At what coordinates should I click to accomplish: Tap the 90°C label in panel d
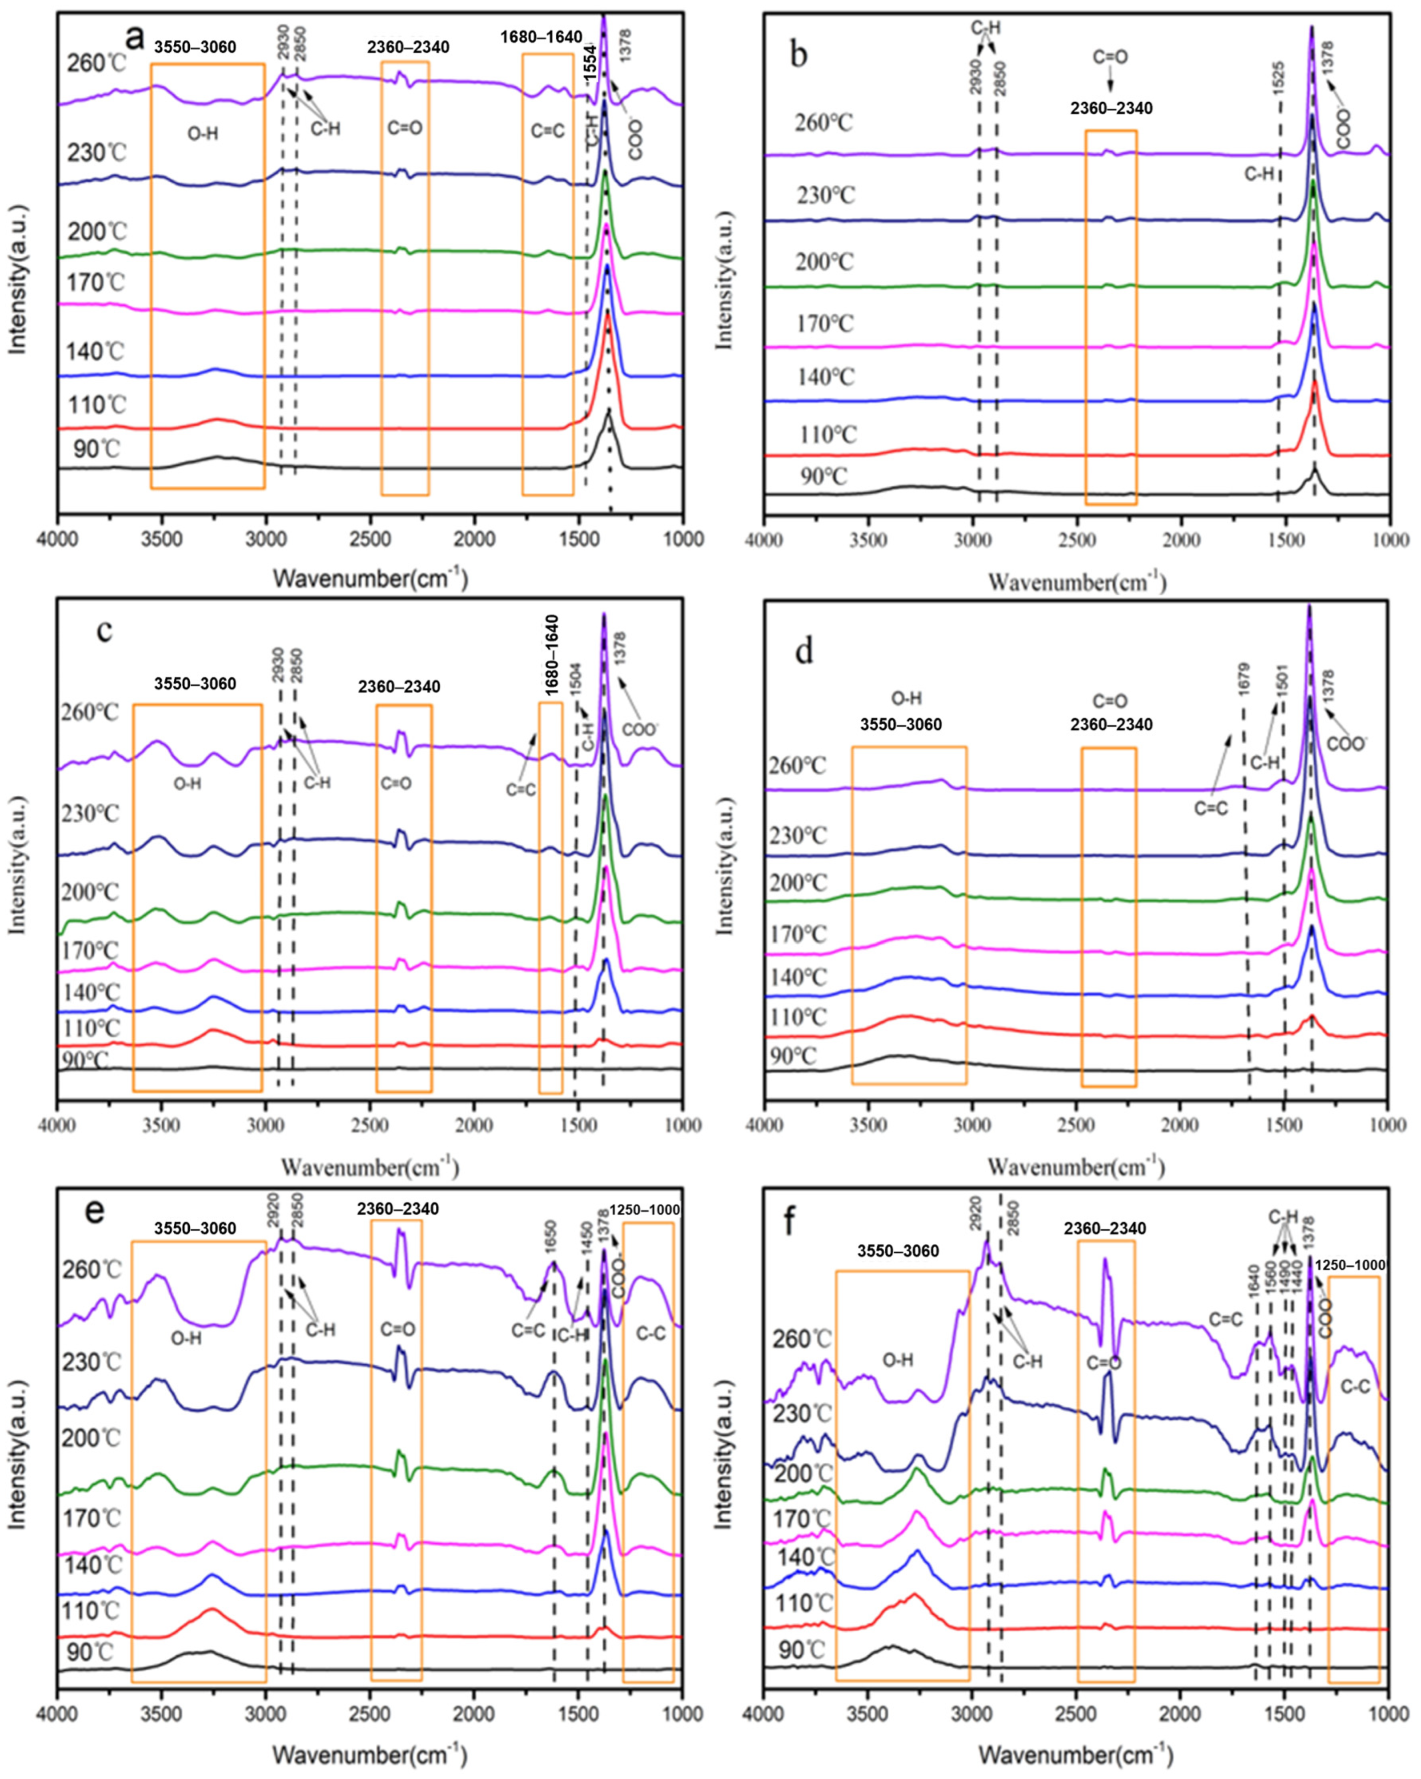coord(792,1055)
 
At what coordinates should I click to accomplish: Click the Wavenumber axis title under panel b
coord(1076,583)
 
